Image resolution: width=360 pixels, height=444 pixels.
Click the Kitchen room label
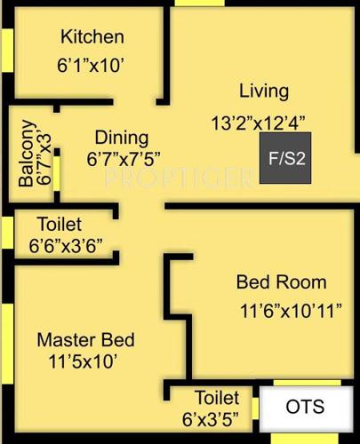92,37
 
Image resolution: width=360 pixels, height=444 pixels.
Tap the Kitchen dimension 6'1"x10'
92,65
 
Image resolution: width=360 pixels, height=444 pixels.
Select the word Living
264,91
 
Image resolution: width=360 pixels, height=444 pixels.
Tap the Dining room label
122,138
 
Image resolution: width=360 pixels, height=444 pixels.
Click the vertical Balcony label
27,153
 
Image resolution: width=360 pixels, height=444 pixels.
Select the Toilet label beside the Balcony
60,224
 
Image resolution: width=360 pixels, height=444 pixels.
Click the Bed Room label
281,282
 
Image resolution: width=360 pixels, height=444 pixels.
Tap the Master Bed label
85,339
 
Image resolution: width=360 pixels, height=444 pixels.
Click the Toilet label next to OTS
216,397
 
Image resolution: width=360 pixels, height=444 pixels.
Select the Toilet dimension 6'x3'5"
218,417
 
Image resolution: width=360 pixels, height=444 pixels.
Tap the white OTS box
305,408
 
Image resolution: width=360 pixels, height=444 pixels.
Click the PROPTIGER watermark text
178,178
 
